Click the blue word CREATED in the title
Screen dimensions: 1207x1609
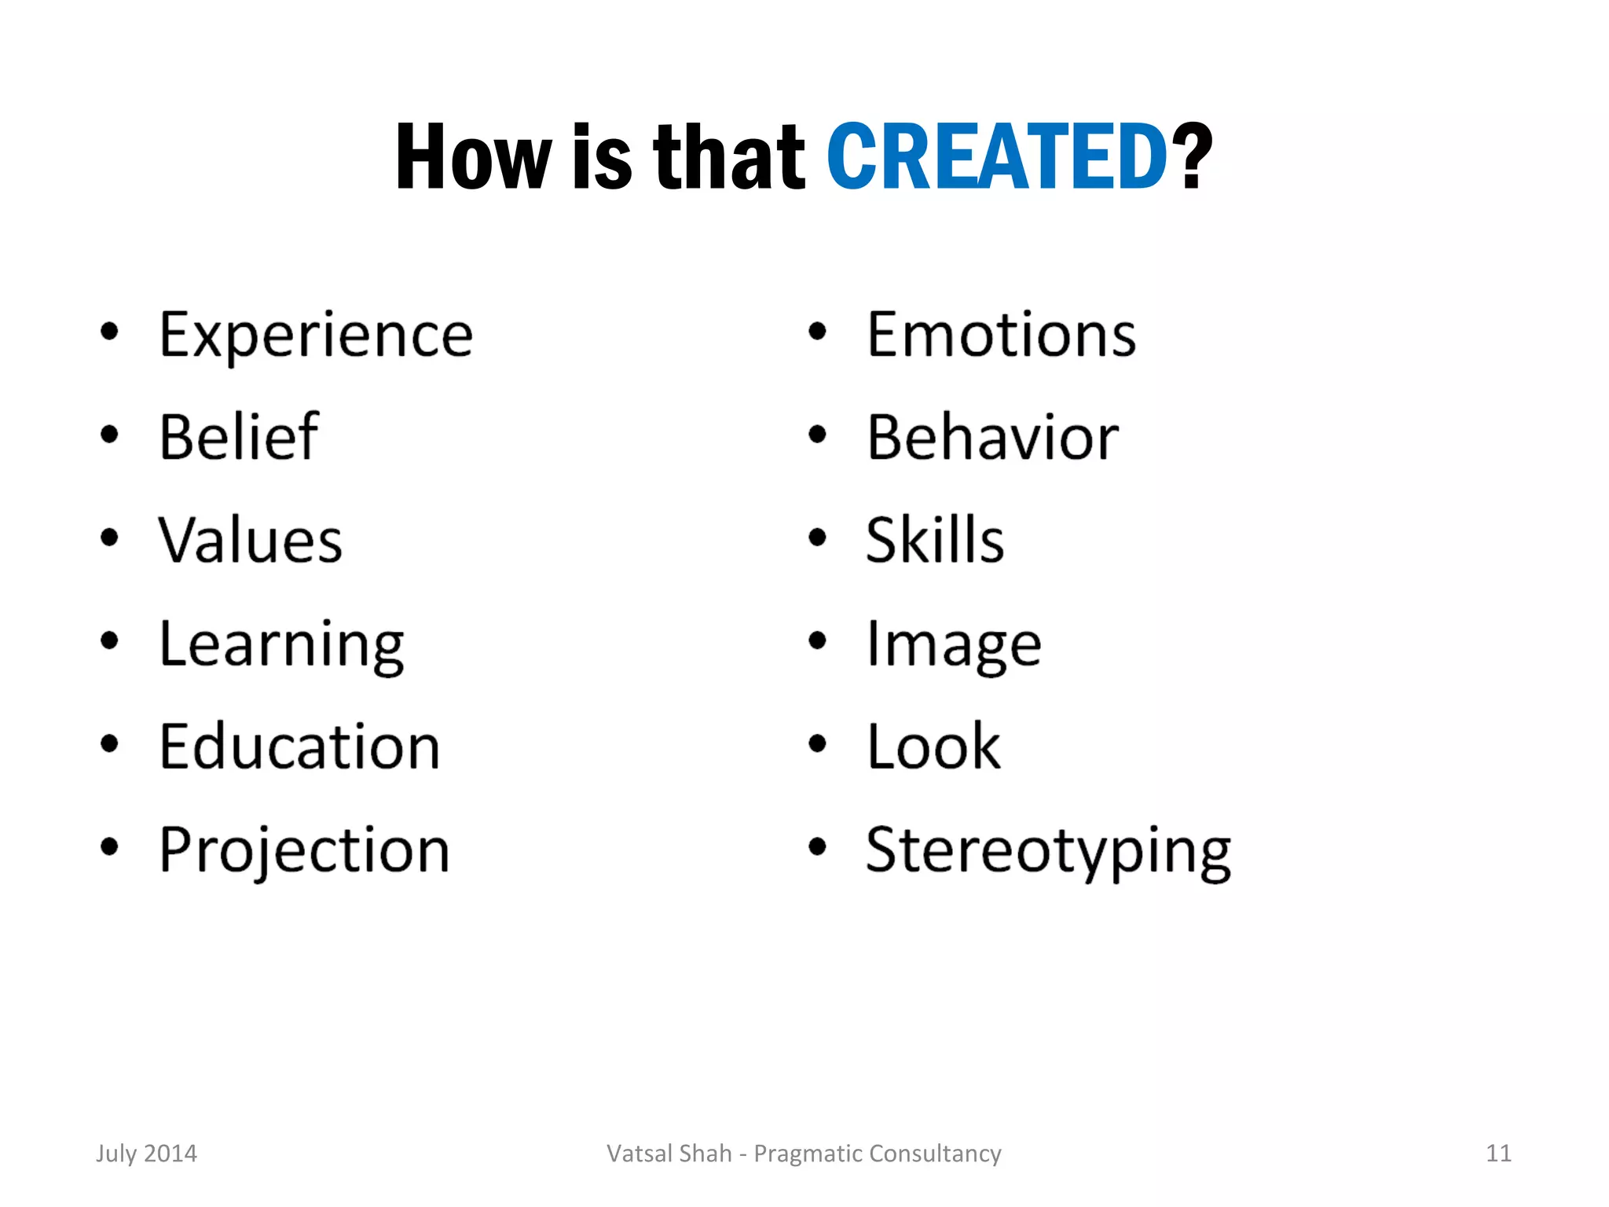(x=996, y=157)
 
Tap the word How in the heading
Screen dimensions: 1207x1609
(x=473, y=157)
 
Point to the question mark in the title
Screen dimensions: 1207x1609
(x=1192, y=157)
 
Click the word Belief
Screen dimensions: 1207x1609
(x=239, y=437)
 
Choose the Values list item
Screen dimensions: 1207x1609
(x=251, y=540)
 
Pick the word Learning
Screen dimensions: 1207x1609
(x=281, y=644)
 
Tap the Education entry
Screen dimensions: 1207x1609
(x=299, y=747)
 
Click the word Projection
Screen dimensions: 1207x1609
(x=304, y=850)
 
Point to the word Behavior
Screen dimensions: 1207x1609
(x=992, y=437)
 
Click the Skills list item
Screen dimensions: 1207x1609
(x=935, y=540)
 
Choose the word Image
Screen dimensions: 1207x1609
(x=954, y=644)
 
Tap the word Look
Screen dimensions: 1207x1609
(x=933, y=747)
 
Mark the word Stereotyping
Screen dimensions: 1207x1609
(x=1048, y=850)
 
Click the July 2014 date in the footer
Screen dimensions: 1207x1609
(x=147, y=1154)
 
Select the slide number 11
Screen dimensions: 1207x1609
(x=1498, y=1154)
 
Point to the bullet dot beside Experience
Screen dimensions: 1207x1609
(x=110, y=332)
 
